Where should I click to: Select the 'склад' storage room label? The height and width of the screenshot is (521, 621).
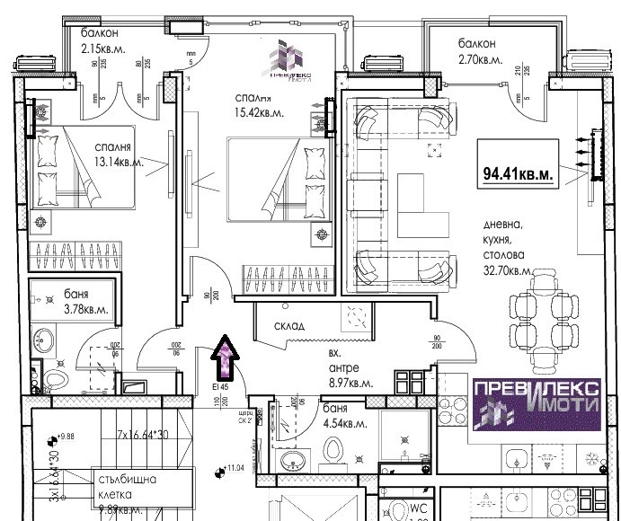[x=291, y=326]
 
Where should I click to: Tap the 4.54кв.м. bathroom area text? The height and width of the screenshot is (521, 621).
[x=343, y=422]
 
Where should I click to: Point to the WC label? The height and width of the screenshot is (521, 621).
[x=418, y=508]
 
